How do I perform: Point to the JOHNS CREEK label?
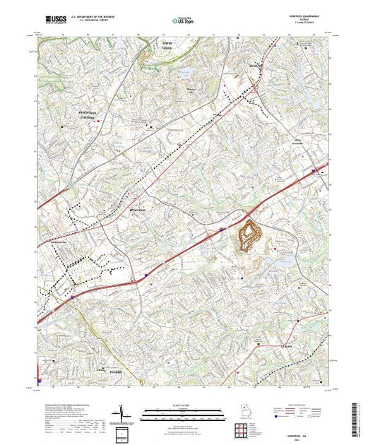(x=164, y=48)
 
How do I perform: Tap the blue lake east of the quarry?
(x=286, y=261)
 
